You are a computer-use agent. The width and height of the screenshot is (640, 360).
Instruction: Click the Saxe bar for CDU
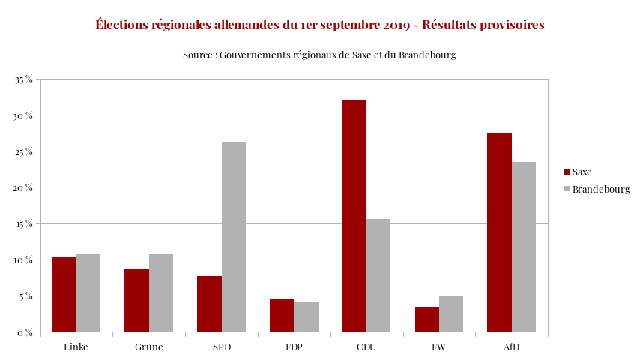coord(354,216)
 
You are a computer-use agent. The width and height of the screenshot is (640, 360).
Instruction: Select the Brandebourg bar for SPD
coord(234,237)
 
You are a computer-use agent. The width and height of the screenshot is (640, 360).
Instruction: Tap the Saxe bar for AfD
coord(499,232)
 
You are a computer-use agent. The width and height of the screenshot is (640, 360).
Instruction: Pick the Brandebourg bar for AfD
coord(524,247)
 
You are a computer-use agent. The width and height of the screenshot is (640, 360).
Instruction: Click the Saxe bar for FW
coord(427,319)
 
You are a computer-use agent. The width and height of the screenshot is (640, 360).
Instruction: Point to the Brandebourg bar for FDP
coord(306,316)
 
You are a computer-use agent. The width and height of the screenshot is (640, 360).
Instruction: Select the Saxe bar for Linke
coord(64,294)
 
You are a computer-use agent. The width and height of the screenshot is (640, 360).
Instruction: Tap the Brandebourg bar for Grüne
coord(161,292)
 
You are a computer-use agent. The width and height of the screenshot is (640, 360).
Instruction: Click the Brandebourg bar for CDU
coord(378,275)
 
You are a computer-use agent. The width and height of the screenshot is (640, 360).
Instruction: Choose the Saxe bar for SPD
coord(209,304)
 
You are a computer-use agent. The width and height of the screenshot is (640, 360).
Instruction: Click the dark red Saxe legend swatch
coord(567,172)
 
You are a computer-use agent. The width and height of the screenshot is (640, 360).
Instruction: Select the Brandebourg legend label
coord(601,190)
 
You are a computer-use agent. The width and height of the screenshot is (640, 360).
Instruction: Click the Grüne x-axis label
coord(149,347)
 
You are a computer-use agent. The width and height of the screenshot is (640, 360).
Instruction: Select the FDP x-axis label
coord(294,347)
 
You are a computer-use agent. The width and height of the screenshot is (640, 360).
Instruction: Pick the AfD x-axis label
coord(511,347)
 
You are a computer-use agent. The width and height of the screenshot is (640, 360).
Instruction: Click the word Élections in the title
coord(125,25)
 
